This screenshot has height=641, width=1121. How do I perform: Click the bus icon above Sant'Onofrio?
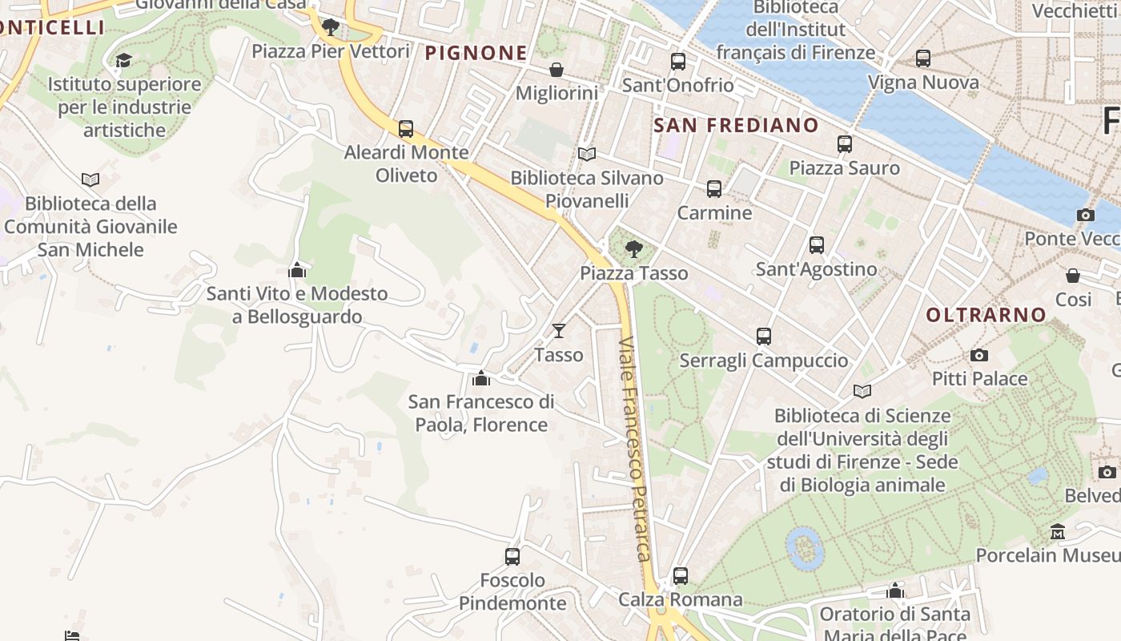tap(678, 61)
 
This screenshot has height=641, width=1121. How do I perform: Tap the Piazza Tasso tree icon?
tap(633, 248)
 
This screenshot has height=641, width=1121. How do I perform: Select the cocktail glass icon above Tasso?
tap(559, 330)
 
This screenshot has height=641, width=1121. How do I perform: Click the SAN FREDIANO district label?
tap(736, 126)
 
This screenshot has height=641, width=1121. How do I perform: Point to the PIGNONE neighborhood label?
tap(476, 53)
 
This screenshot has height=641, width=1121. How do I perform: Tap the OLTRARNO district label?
tap(986, 315)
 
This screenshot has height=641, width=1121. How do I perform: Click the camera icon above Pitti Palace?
tap(978, 355)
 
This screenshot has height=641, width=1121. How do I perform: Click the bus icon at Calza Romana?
tap(681, 575)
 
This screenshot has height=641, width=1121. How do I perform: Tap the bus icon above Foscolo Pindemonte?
tap(512, 556)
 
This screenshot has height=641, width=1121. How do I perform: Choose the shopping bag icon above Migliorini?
tap(556, 70)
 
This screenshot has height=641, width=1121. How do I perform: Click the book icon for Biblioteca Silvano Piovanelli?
tap(587, 154)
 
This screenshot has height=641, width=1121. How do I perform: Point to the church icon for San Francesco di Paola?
tap(480, 377)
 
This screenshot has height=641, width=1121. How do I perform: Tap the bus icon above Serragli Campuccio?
tap(764, 337)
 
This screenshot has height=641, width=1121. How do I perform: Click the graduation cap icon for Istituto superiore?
tap(123, 60)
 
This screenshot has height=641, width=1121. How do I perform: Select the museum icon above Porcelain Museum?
tap(1058, 531)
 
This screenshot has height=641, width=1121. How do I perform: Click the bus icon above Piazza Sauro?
tap(845, 144)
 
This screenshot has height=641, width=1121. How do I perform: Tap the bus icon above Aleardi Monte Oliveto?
tap(406, 128)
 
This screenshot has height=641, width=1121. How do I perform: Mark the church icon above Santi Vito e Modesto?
tap(297, 270)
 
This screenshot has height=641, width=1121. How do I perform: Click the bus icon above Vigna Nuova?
tap(923, 58)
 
